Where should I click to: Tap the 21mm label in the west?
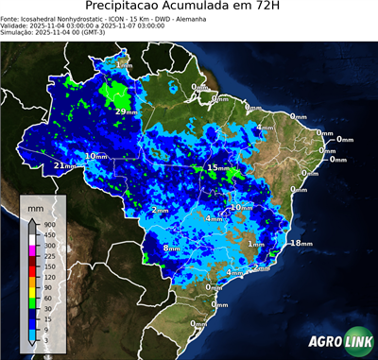coord(62,166)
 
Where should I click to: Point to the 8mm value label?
coord(171,248)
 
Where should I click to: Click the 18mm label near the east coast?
coord(301,243)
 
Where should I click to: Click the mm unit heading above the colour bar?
coord(36,206)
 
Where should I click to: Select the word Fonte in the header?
coord(11,18)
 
